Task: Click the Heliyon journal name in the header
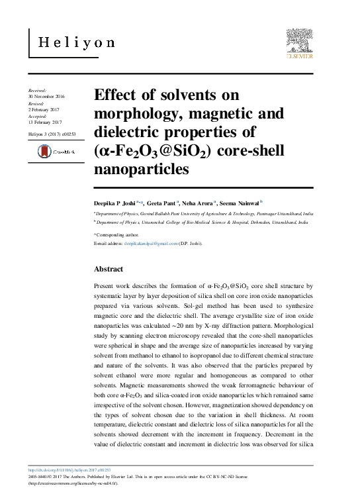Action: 77,42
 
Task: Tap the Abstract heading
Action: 109,270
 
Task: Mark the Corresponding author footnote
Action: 117,234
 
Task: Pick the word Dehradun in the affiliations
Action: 244,223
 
